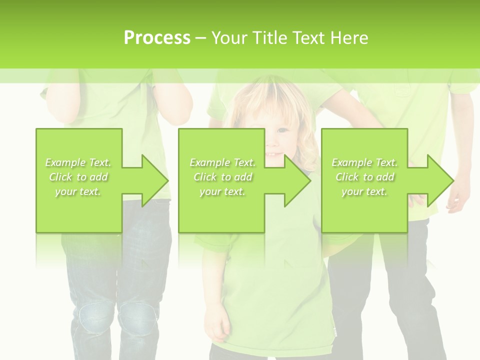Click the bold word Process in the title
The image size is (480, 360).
[x=157, y=38]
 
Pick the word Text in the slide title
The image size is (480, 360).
[x=309, y=38]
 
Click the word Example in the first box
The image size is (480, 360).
[x=65, y=162]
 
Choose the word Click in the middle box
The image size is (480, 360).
[x=205, y=177]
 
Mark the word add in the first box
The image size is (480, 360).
[x=98, y=177]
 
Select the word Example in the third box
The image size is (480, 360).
[x=352, y=162]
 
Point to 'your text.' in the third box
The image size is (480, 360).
[x=364, y=191]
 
